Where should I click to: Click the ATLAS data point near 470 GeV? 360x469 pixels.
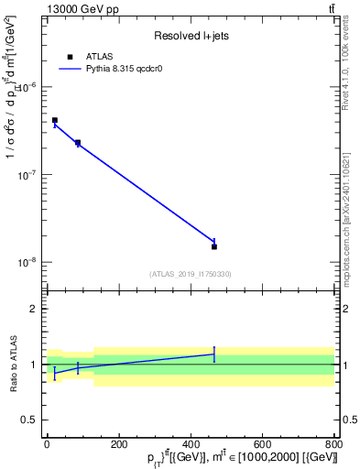point(214,246)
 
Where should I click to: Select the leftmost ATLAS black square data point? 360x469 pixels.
point(55,120)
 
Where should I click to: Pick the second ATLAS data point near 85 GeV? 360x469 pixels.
point(78,143)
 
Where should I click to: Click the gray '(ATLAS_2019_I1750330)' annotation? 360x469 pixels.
point(191,274)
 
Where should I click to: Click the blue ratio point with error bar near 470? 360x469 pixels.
point(214,354)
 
